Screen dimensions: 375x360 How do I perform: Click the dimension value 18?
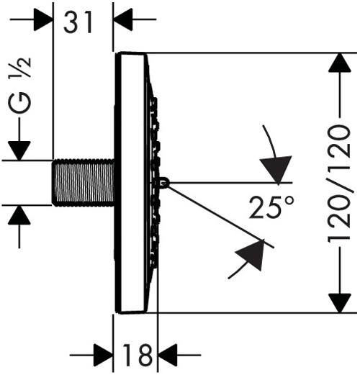point(135,354)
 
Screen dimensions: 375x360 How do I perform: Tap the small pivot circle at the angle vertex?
point(166,182)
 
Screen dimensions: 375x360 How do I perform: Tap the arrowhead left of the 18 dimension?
point(104,354)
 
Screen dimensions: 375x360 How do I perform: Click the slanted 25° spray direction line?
point(216,212)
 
